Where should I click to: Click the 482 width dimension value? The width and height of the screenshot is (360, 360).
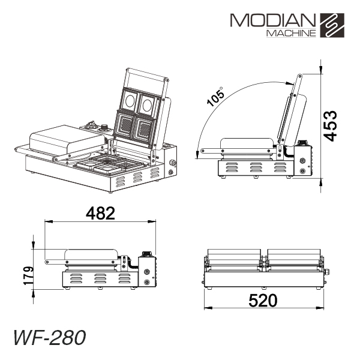pyautogui.click(x=100, y=213)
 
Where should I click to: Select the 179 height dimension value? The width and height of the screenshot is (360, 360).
pyautogui.click(x=28, y=276)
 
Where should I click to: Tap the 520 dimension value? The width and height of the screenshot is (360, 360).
pyautogui.click(x=263, y=301)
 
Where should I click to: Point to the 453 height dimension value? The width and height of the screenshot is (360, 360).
pyautogui.click(x=330, y=126)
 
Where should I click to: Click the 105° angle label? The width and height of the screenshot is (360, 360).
pyautogui.click(x=215, y=97)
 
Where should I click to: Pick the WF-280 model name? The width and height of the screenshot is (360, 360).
pyautogui.click(x=50, y=337)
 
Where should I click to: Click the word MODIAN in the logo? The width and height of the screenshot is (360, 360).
pyautogui.click(x=273, y=20)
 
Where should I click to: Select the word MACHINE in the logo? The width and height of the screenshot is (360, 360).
pyautogui.click(x=291, y=33)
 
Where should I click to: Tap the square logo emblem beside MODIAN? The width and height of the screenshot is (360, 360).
pyautogui.click(x=332, y=25)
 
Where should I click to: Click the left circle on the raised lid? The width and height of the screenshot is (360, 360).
pyautogui.click(x=130, y=101)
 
